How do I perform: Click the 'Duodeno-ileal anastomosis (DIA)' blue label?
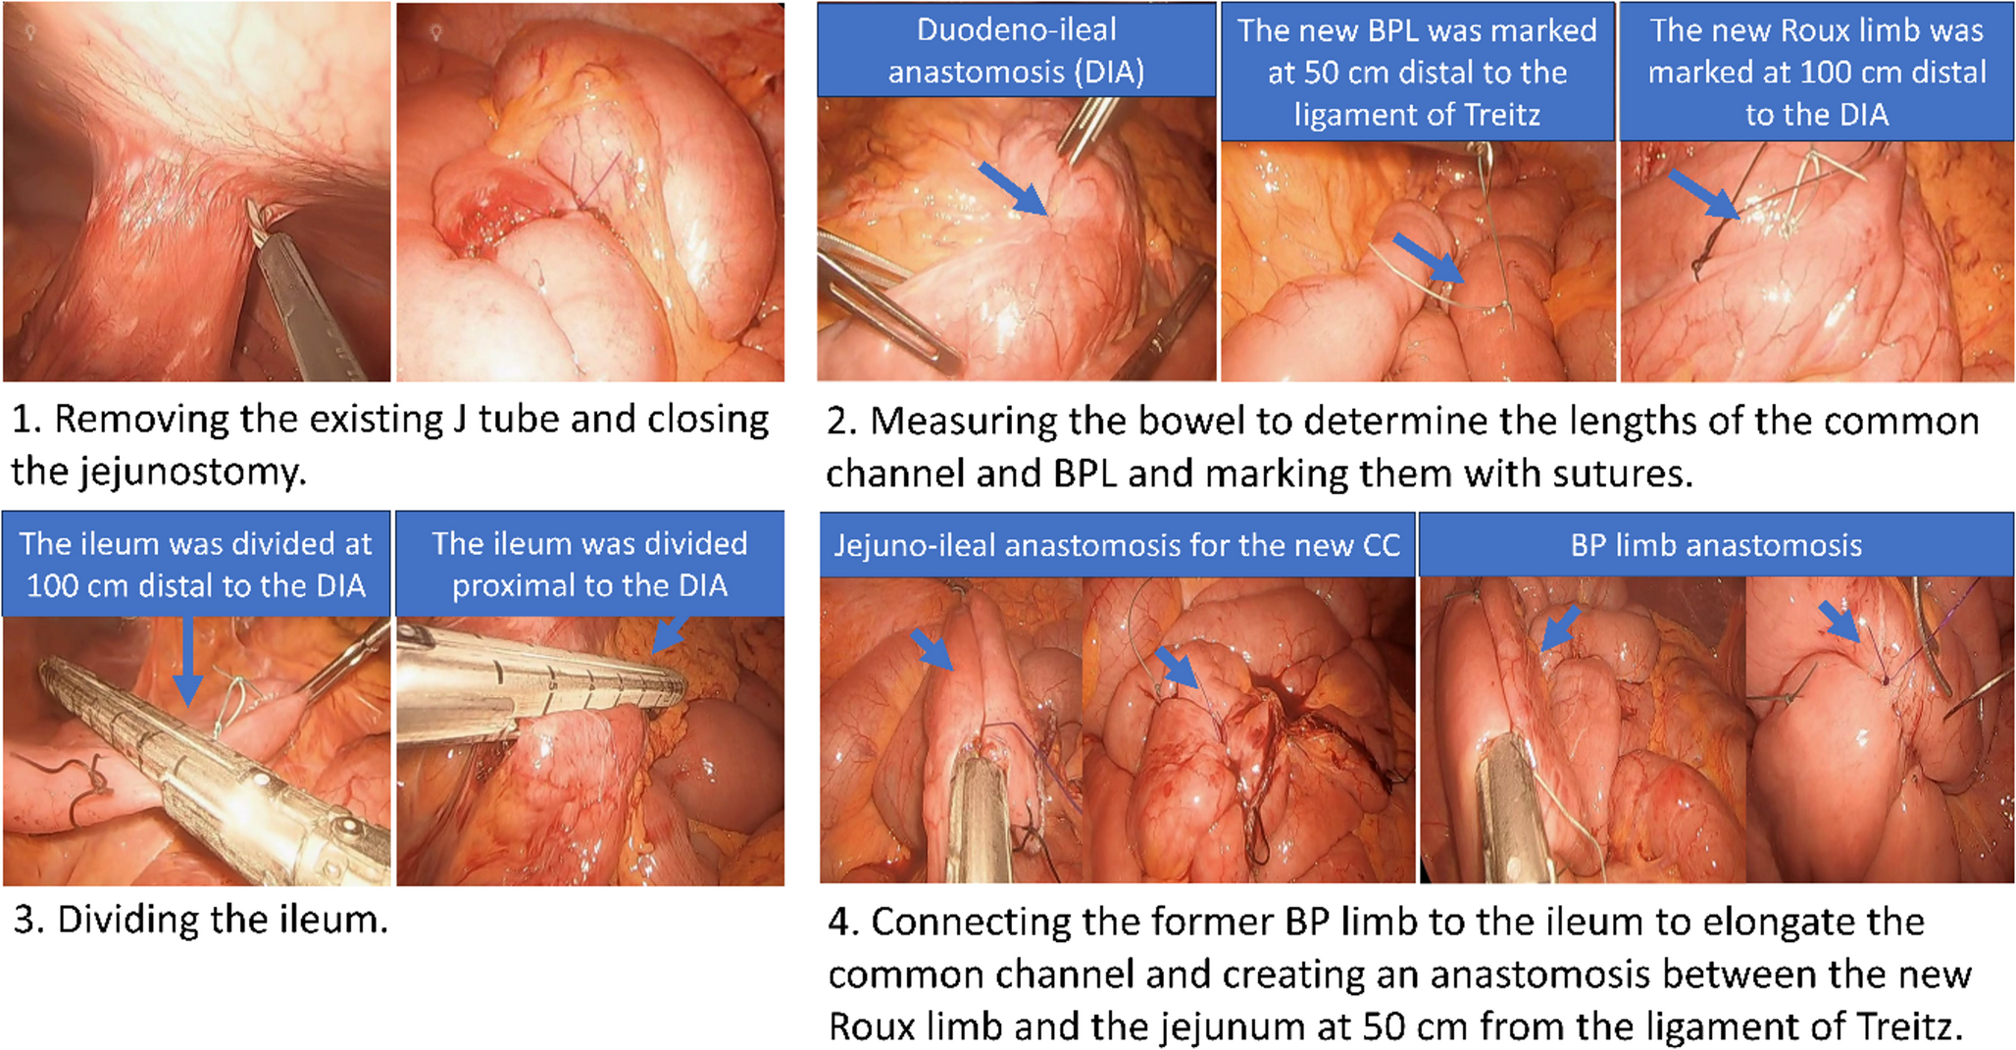tap(1016, 50)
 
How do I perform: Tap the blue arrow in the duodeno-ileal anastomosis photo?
tap(1012, 188)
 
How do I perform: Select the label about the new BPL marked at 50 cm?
tap(1416, 72)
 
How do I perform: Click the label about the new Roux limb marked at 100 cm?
tap(1816, 72)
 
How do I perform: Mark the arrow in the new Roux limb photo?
tap(1704, 193)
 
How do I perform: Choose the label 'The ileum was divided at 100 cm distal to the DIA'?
tap(196, 564)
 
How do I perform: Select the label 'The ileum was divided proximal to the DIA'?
tap(589, 564)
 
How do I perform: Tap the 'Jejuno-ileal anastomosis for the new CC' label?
tap(1117, 545)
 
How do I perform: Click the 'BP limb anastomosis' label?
tap(1716, 545)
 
